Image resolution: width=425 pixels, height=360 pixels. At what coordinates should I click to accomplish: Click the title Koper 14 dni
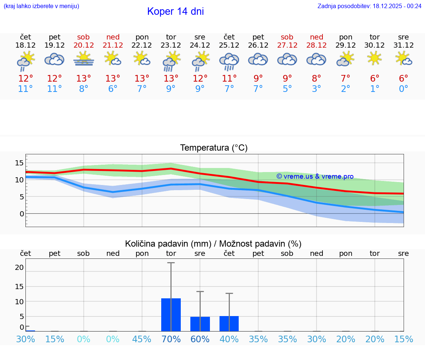point(175,11)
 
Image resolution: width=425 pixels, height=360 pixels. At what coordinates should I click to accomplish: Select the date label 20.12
point(84,45)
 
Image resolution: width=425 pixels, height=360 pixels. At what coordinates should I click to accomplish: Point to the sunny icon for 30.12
point(374,59)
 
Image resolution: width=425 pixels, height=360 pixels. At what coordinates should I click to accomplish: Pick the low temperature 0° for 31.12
point(404,89)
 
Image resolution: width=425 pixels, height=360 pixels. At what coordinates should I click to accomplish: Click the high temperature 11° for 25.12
point(229,79)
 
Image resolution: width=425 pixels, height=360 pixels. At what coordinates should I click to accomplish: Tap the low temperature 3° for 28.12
point(317,89)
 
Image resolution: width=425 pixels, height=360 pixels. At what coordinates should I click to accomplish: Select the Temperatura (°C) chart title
point(214,148)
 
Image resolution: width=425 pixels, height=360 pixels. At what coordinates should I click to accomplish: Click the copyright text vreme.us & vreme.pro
point(315,176)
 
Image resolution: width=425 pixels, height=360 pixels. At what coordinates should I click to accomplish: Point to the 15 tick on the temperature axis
point(19,163)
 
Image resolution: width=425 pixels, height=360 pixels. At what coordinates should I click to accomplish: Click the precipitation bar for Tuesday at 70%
point(171,315)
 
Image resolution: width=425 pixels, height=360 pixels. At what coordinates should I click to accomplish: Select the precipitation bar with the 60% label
point(200,324)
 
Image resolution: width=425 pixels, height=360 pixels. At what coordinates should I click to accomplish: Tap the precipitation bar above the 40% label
point(229,323)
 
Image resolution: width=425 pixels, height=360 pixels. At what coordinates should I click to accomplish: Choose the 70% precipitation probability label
point(171,339)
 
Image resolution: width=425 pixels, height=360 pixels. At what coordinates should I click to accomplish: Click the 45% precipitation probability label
point(142,339)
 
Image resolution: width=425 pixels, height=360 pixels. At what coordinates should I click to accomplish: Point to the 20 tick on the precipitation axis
point(19,267)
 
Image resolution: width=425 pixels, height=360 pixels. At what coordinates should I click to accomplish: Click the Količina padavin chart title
point(213,244)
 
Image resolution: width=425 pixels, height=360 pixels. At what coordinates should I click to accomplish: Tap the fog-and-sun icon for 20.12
point(84,59)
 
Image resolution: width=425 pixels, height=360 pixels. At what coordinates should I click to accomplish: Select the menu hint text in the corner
point(41,6)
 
